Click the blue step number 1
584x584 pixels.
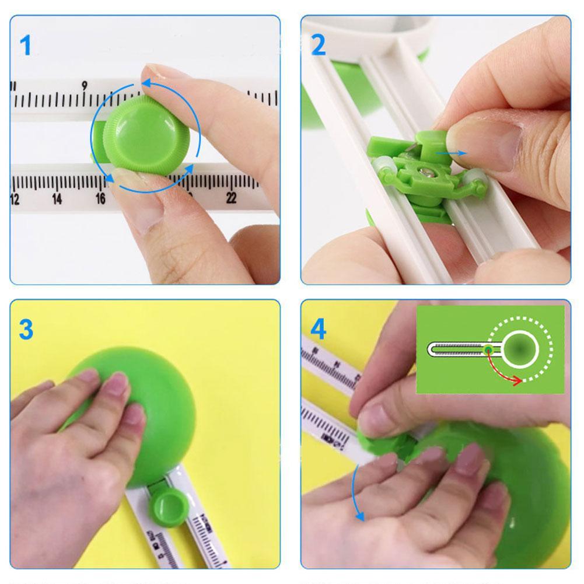[x=25, y=46]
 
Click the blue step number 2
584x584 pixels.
[x=318, y=46]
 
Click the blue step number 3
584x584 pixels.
[x=26, y=330]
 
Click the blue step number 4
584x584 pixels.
[x=318, y=330]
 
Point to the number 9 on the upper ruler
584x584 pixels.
[x=85, y=86]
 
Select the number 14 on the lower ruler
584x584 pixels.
[x=57, y=199]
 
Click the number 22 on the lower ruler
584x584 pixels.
[x=231, y=198]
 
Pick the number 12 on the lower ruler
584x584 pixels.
[x=15, y=200]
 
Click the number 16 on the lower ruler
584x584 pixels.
[x=100, y=199]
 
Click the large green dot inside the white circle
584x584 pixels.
[x=520, y=349]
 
